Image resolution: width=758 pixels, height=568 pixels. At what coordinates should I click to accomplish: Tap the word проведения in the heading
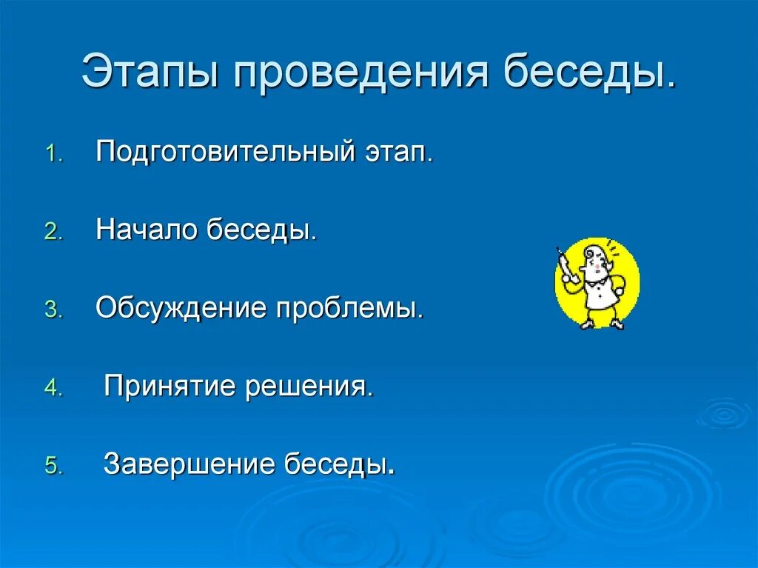pos(360,72)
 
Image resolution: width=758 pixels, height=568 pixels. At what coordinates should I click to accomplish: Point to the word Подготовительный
pos(227,153)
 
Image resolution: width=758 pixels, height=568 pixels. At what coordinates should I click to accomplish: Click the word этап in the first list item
pos(398,153)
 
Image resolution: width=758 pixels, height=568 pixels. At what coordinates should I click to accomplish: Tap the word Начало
pos(147,231)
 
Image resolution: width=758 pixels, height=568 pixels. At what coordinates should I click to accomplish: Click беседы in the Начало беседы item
pos(262,231)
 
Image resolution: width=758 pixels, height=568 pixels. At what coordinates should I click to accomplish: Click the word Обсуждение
pos(181,309)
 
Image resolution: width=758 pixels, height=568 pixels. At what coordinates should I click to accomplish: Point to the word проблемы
pos(350,309)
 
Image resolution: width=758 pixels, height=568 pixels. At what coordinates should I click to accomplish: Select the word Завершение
pos(189,464)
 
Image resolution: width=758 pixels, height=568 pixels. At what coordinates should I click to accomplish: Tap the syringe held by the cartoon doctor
pos(565,264)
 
